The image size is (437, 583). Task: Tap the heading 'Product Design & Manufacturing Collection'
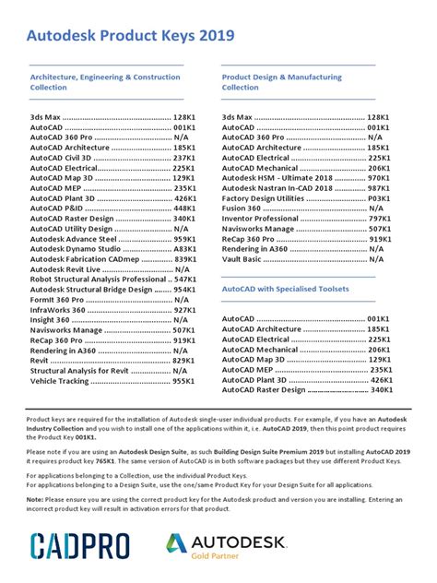[x=282, y=83]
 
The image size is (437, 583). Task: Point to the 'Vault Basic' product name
[x=244, y=261]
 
